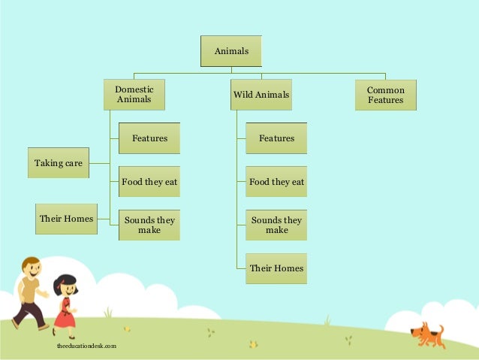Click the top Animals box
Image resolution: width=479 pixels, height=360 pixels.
click(x=230, y=51)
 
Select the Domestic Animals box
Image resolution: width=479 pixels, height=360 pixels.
click(x=134, y=95)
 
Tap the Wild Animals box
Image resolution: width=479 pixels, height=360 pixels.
click(x=261, y=95)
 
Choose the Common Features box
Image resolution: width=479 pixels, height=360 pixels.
click(x=385, y=95)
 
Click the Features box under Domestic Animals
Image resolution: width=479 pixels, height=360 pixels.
click(x=149, y=138)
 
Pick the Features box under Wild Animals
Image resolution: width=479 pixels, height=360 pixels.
click(x=276, y=138)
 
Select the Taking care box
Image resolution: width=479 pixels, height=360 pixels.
click(x=59, y=162)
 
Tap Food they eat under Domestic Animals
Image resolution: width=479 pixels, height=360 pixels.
click(x=149, y=182)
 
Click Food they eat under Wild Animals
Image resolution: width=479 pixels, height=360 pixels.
click(x=276, y=182)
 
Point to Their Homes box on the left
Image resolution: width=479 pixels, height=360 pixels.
click(x=66, y=219)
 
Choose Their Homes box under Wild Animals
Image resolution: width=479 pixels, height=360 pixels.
click(x=276, y=268)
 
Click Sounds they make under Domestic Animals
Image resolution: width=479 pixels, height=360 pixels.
click(x=149, y=225)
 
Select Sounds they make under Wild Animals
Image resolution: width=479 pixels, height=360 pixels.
click(x=276, y=225)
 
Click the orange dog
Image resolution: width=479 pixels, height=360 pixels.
click(x=426, y=333)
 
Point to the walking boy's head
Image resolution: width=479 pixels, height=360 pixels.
click(x=32, y=268)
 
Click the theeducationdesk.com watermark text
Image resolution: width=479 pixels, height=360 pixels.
click(x=86, y=346)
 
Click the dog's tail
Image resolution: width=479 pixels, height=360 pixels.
click(x=441, y=329)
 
